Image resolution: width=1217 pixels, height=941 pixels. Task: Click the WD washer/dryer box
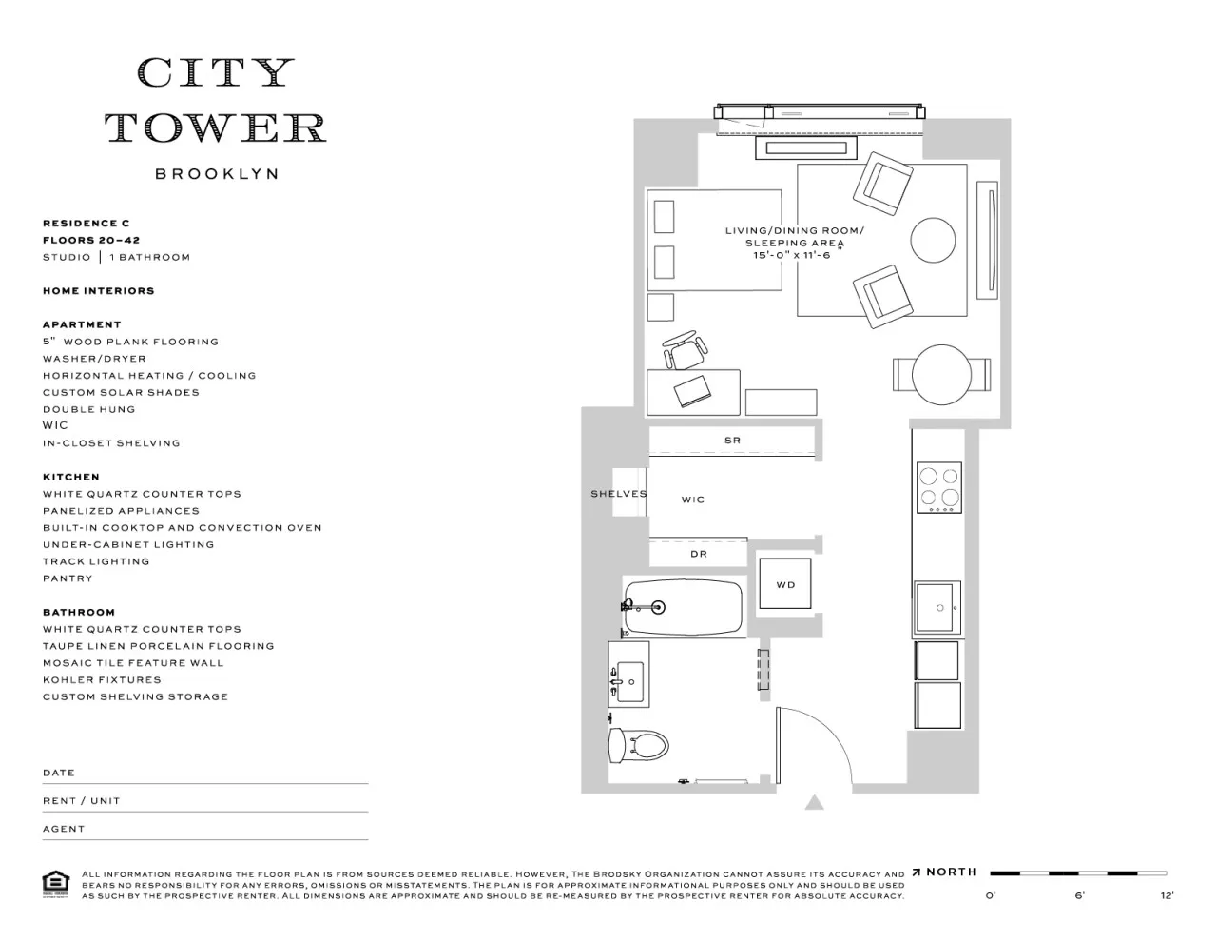pos(785,584)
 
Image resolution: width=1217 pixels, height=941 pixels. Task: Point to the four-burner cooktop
pos(937,487)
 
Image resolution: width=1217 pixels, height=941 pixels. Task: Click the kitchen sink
pos(937,607)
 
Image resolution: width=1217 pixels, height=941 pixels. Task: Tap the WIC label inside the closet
pos(692,500)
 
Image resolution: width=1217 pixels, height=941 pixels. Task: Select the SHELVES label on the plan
pos(618,494)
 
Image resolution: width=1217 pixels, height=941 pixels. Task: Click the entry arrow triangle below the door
pos(814,803)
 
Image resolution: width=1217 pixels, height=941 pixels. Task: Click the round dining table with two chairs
pos(941,374)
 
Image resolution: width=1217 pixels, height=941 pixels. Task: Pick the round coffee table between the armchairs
pos(933,240)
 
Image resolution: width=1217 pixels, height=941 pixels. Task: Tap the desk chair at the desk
pos(685,351)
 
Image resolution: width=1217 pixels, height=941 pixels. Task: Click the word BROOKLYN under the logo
pos(217,174)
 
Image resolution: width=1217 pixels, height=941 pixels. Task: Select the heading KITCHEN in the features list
pos(71,477)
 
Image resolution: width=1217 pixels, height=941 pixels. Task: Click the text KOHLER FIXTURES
pos(102,680)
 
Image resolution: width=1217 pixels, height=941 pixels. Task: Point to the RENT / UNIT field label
pos(82,801)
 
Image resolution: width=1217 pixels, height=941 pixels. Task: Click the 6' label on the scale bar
pos(1079,894)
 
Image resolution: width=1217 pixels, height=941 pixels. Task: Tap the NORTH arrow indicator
pos(944,872)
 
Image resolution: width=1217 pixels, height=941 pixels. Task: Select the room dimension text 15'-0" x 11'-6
pos(791,255)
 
